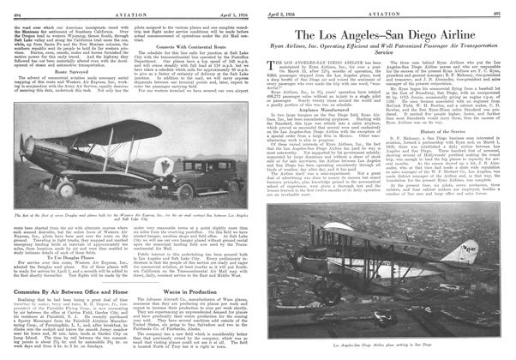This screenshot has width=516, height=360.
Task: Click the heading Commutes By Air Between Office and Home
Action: (x=64, y=295)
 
